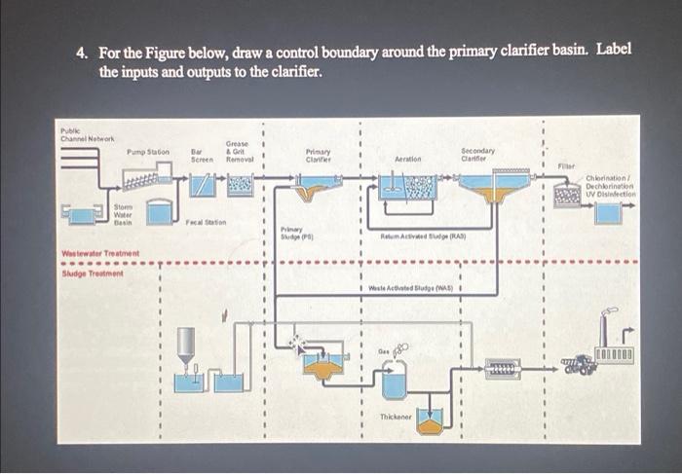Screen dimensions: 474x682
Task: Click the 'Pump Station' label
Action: (147, 152)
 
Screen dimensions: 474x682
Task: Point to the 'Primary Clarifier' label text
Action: (319, 154)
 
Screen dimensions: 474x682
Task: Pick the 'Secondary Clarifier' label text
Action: (477, 154)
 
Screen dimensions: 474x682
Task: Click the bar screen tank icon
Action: (203, 184)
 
